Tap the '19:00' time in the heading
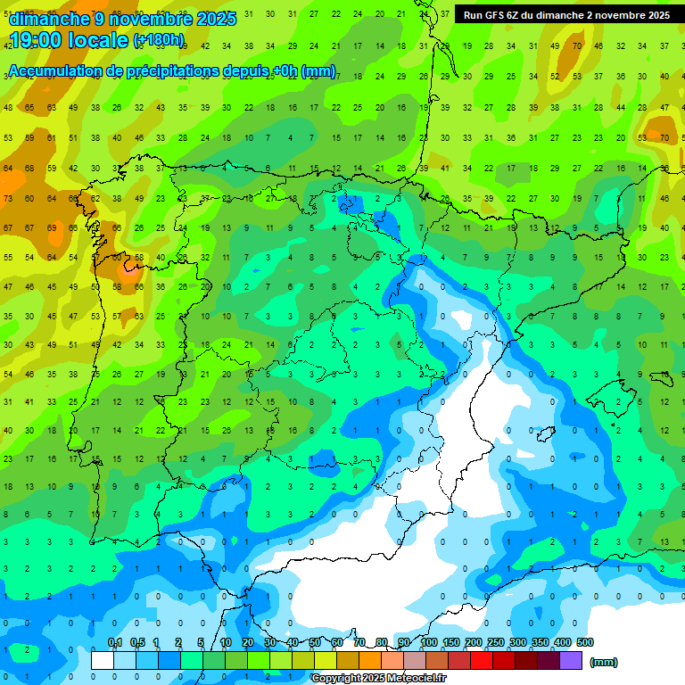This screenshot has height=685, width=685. (38, 40)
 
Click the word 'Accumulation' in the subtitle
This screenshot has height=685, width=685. (55, 72)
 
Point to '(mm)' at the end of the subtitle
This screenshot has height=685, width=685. (318, 72)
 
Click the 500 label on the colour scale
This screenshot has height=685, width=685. (585, 643)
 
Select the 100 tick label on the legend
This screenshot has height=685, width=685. (429, 643)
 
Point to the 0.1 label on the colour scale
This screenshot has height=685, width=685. (115, 643)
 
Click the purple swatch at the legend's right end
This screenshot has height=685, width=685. (571, 661)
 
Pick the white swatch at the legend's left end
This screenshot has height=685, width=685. (103, 661)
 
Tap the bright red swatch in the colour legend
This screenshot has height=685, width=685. (482, 661)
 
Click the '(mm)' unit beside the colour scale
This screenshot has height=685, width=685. (604, 662)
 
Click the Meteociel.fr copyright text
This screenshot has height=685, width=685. (379, 679)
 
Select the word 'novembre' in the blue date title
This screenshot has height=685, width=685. (154, 19)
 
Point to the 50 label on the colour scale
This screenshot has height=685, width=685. (315, 643)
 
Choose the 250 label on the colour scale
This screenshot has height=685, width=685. (496, 643)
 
